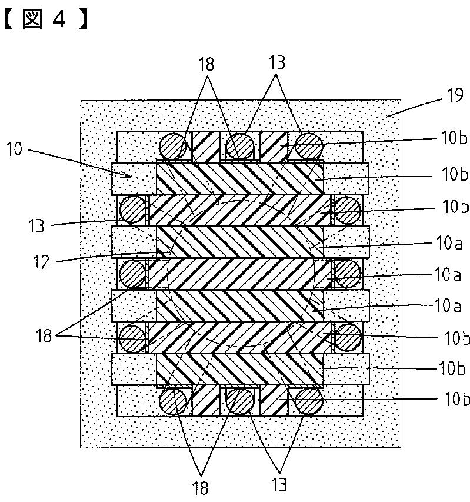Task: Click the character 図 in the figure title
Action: [x=32, y=19]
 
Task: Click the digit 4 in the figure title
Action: [x=59, y=19]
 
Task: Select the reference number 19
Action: [x=455, y=95]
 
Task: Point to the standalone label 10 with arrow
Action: [x=14, y=149]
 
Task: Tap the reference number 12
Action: [x=42, y=262]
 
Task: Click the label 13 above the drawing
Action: [x=276, y=62]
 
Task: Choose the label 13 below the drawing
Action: [x=279, y=484]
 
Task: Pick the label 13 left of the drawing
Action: [x=36, y=226]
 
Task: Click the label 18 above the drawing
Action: [x=206, y=64]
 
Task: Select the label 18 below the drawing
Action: [x=200, y=488]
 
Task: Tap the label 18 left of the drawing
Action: [x=44, y=335]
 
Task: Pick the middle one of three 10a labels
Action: [x=447, y=275]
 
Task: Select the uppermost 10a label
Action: [x=449, y=243]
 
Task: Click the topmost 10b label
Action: [x=454, y=138]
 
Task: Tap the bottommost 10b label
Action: [x=457, y=399]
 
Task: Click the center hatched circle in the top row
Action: [x=240, y=146]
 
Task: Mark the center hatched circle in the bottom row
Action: [x=240, y=400]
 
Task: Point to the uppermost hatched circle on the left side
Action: [x=133, y=210]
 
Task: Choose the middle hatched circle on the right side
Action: [x=347, y=273]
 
